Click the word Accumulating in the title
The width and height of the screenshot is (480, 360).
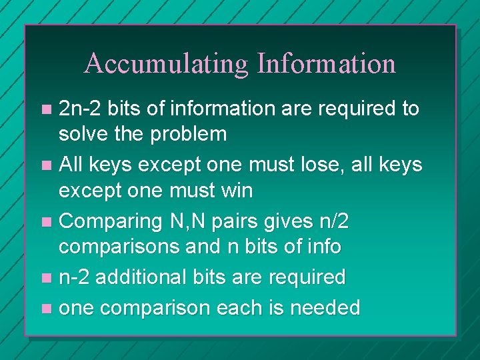(166, 64)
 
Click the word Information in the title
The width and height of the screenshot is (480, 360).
(326, 64)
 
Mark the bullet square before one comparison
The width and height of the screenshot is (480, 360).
(45, 308)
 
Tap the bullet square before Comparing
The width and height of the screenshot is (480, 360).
(45, 221)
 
